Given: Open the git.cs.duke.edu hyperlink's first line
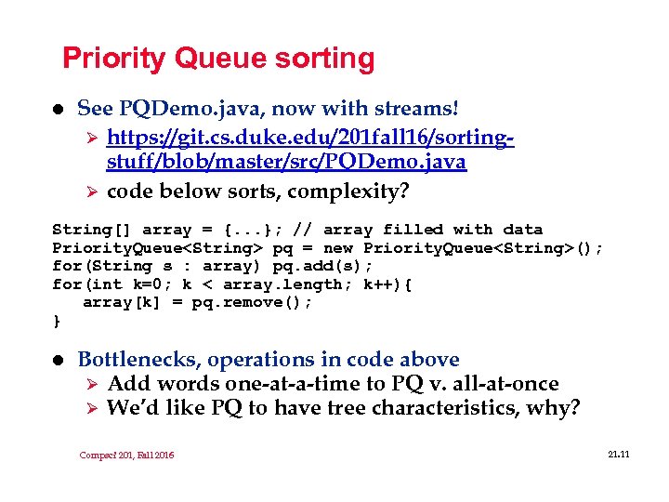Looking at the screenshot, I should [x=310, y=139].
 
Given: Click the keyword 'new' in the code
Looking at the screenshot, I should [x=337, y=248].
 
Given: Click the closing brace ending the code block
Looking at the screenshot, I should [x=57, y=322].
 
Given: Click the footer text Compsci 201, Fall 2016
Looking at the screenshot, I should [x=127, y=455].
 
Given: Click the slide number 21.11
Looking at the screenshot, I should [x=618, y=453].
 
